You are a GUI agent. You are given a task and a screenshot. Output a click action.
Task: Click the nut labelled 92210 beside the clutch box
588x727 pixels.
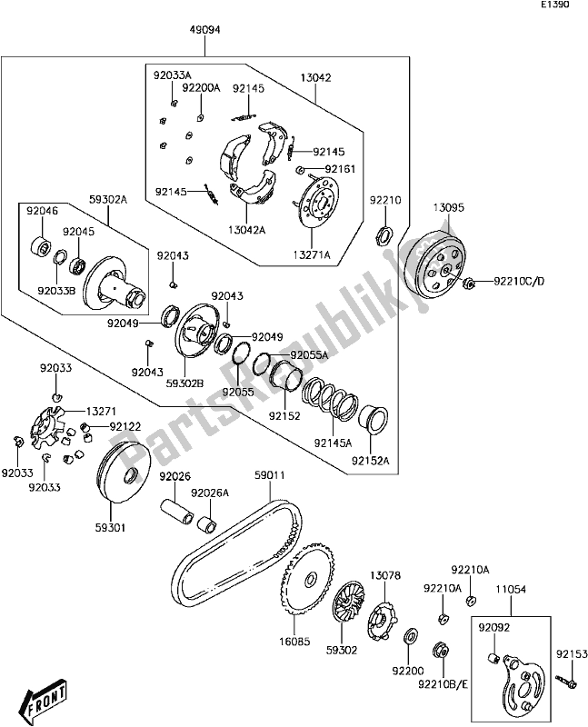383,235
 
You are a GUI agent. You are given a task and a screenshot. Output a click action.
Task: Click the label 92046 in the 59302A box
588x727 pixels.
42,210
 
